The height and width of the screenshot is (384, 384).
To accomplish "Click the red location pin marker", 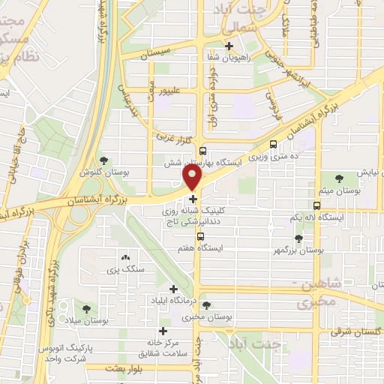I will (193, 178).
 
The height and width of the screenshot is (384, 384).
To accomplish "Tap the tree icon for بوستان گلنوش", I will (103, 160).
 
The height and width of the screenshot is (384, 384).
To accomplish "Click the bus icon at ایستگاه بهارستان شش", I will (202, 151).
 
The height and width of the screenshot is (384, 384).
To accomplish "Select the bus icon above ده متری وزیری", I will (272, 144).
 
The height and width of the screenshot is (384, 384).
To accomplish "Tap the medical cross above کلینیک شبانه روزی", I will (193, 199).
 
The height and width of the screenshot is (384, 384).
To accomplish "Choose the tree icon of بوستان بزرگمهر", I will (298, 238).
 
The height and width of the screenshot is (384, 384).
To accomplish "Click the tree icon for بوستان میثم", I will (340, 178).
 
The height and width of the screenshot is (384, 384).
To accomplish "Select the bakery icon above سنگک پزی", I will (124, 256).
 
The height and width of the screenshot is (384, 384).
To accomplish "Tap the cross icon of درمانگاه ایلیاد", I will (174, 289).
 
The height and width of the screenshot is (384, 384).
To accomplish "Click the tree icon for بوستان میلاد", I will (87, 307).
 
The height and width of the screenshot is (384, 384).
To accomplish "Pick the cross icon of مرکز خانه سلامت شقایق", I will (163, 331).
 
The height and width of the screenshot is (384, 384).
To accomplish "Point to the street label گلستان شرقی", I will (352, 330).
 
